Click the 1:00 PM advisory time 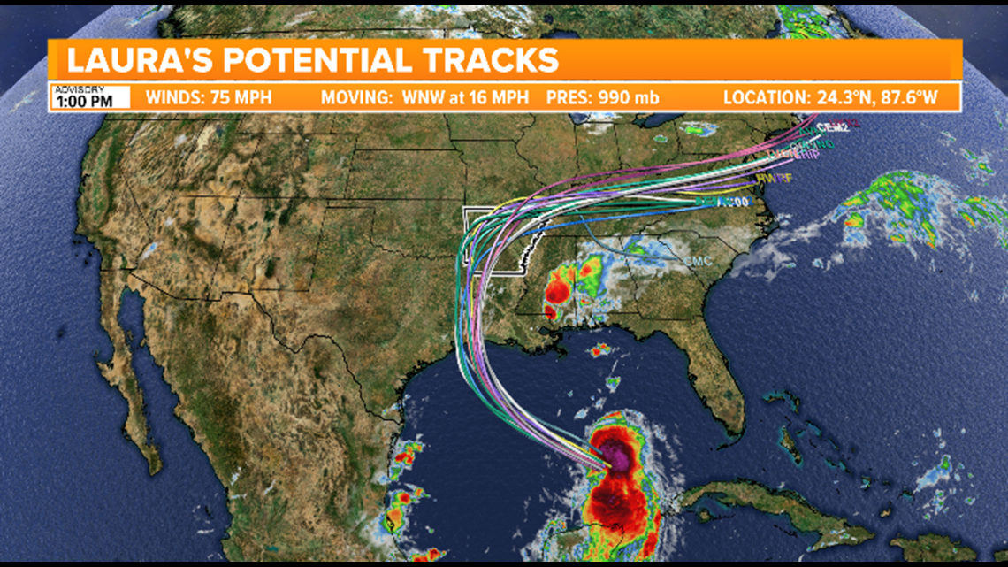point(84,101)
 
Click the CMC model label point(697,262)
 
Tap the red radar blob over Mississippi point(558,292)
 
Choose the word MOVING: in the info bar point(354,97)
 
